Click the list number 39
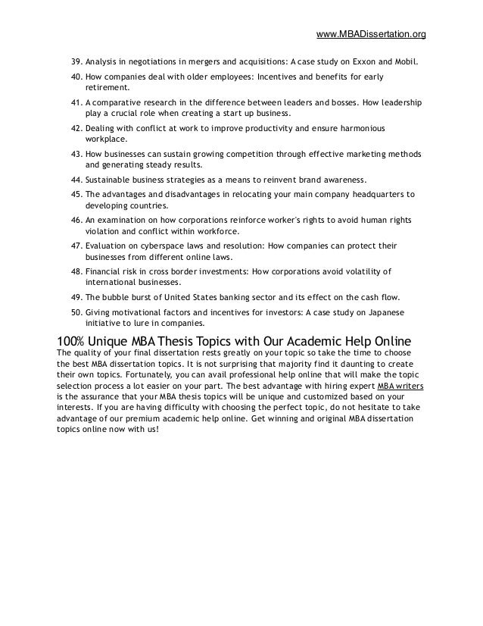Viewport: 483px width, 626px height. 75,61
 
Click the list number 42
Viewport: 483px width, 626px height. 75,129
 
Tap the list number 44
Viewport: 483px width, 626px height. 75,180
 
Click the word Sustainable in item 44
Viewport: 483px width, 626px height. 111,180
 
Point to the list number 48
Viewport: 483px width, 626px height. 75,271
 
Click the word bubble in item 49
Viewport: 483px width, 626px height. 119,297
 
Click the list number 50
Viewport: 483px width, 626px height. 75,311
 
